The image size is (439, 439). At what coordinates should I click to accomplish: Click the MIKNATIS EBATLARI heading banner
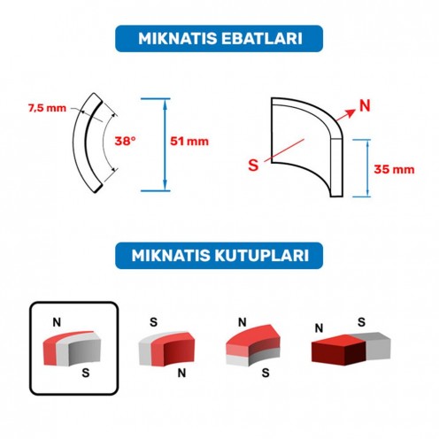click(x=219, y=39)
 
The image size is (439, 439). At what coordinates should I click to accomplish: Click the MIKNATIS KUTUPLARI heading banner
click(x=219, y=255)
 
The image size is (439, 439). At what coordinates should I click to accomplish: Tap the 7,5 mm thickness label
click(x=45, y=108)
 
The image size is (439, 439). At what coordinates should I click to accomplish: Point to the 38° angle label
click(x=126, y=141)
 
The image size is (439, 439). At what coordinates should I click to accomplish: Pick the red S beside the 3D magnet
click(x=255, y=166)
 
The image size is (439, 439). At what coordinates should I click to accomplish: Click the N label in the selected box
click(x=55, y=323)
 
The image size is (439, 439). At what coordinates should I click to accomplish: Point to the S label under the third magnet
click(x=265, y=374)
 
